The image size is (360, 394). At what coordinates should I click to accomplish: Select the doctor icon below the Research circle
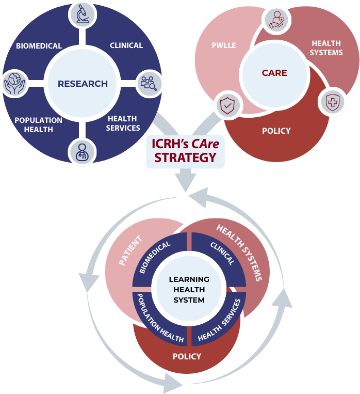83,151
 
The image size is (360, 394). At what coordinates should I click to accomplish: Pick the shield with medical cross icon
333,102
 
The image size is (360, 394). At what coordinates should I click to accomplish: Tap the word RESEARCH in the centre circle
83,83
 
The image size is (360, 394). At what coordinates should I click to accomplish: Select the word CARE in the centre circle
274,73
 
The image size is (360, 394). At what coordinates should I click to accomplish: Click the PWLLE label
223,46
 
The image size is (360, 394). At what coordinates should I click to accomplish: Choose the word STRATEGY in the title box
186,157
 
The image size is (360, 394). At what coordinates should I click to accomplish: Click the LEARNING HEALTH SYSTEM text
189,290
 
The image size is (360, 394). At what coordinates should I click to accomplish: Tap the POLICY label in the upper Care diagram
276,131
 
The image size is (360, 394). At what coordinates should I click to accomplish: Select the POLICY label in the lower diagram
187,356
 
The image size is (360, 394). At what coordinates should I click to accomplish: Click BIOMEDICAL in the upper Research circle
39,46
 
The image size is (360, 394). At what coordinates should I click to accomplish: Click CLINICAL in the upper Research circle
126,45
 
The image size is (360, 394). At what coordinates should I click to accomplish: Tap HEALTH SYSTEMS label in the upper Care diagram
327,48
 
